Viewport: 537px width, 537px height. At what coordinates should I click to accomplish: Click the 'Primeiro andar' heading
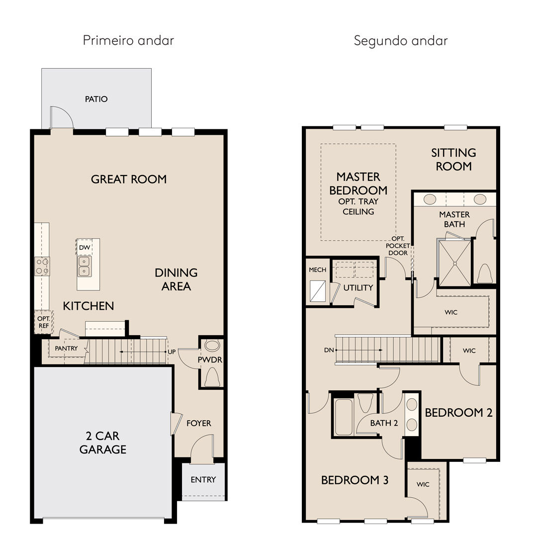click(128, 40)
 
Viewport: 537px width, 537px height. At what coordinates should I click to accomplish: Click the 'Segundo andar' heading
click(401, 41)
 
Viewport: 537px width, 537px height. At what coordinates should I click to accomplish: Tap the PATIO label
click(96, 99)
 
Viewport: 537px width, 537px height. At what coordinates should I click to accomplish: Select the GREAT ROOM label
click(129, 179)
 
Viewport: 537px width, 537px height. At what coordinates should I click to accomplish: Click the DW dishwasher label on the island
click(84, 248)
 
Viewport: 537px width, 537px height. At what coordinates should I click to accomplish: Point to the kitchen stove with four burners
click(42, 266)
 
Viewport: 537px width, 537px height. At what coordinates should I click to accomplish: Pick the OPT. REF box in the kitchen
click(43, 322)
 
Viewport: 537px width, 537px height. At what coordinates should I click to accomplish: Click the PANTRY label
click(66, 348)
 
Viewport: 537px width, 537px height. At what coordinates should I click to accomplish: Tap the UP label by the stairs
click(172, 352)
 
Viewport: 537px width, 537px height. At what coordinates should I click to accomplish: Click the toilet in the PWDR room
click(212, 377)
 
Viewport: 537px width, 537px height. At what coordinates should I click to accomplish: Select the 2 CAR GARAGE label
click(103, 443)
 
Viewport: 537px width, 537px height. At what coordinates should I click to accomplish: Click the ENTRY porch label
click(203, 479)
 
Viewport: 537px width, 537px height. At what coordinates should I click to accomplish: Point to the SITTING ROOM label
click(453, 159)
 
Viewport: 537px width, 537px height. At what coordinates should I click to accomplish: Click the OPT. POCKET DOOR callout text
click(398, 246)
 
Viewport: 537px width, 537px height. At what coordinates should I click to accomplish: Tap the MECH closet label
click(317, 270)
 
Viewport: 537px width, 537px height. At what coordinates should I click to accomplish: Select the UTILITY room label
click(358, 288)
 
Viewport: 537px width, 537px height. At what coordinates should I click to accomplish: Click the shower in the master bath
click(454, 263)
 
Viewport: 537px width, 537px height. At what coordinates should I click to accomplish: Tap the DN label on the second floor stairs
click(329, 350)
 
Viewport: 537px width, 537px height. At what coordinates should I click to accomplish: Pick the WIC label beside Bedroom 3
click(423, 484)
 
